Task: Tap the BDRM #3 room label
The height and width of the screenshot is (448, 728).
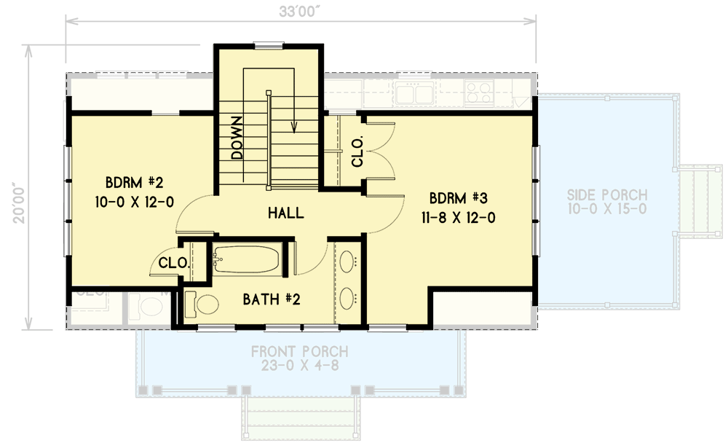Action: [453, 197]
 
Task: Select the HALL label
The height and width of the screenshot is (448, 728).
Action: [285, 213]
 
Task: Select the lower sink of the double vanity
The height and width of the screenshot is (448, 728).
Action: [349, 296]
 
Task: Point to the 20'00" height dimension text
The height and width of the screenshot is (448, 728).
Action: [21, 192]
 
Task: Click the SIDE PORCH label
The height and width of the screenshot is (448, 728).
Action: [608, 194]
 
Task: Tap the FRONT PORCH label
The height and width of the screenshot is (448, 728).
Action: [300, 352]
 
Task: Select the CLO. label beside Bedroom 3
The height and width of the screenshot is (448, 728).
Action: [358, 152]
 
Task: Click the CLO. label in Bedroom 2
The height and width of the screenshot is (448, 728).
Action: [175, 263]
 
